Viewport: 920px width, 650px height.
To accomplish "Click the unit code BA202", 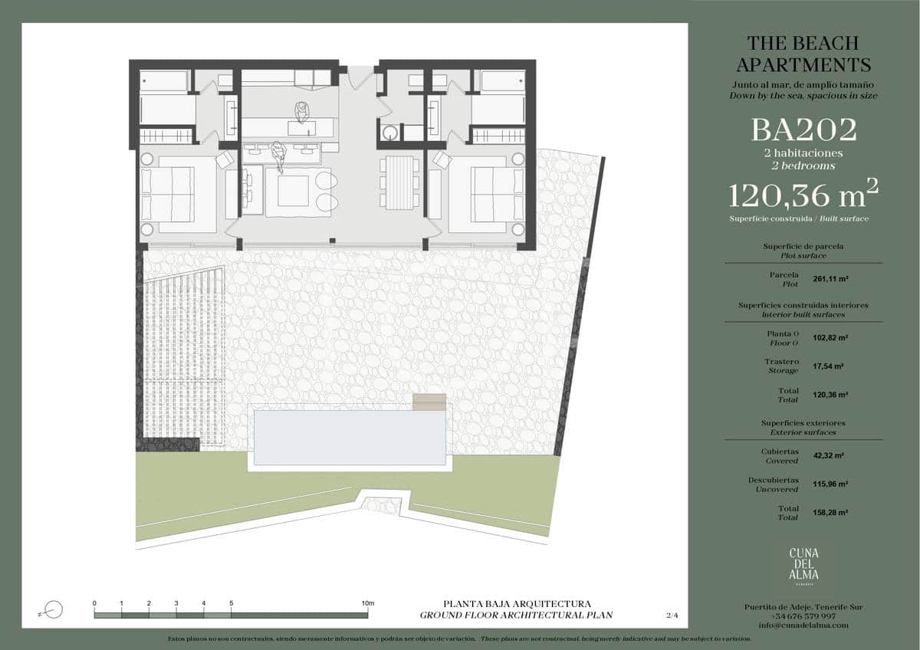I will pos(803,130).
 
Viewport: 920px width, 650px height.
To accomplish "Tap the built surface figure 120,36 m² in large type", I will pos(803,196).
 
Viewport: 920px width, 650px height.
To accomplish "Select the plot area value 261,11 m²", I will pos(830,279).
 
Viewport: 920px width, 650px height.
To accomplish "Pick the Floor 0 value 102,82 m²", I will pos(830,337).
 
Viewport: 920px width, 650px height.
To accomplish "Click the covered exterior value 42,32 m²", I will pos(828,456).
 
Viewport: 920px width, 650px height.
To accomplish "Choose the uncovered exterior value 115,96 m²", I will pos(830,484).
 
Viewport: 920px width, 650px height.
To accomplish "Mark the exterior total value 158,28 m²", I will pos(830,513).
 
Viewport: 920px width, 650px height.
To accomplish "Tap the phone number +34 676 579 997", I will pos(803,616).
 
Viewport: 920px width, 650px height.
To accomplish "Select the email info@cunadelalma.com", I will pos(803,625).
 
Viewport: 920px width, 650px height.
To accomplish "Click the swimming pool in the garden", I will pos(349,438).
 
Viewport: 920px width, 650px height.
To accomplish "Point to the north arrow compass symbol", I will pos(54,610).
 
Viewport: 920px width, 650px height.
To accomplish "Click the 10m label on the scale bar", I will pos(367,603).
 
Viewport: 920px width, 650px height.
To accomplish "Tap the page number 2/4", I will pos(672,615).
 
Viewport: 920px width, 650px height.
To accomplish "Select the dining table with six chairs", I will pos(400,181).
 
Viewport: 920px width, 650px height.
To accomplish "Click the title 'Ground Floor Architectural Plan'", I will pos(516,615).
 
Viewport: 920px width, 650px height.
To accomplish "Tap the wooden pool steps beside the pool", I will pos(429,402).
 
